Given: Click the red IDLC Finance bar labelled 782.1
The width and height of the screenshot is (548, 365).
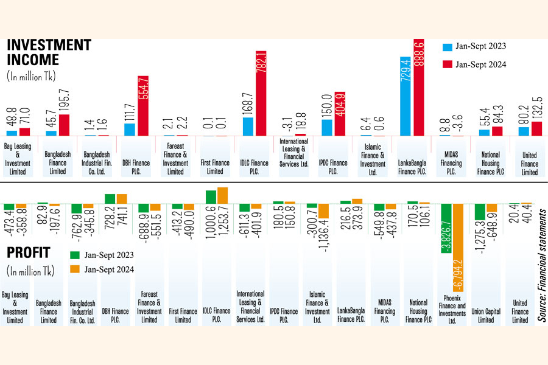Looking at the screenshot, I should pos(261,93).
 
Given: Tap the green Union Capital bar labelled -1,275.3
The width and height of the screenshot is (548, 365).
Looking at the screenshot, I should pos(480,212).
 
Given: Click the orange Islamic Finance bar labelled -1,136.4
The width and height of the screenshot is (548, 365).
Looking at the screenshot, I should pos(324,210).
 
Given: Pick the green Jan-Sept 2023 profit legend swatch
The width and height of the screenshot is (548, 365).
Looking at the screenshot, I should pos(76,255).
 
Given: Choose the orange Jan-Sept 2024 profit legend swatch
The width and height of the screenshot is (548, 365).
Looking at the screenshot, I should pos(76,269).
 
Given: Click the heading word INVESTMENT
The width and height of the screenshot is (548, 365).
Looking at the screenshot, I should pos(49,45).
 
